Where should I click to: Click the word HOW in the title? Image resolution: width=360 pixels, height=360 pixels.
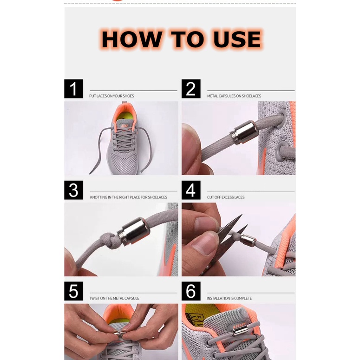[x=131, y=39]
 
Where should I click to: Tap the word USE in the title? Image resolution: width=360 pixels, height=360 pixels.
[x=237, y=39]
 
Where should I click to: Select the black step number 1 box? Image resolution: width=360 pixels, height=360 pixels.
[x=73, y=89]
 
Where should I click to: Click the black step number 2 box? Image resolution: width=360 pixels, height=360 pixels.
[x=191, y=89]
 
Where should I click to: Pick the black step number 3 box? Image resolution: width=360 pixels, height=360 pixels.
[x=73, y=190]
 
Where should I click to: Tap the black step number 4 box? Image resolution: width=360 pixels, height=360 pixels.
[x=191, y=190]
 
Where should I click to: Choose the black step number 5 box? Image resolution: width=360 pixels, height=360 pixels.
[x=73, y=291]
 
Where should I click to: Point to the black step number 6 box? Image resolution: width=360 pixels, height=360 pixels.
[x=191, y=291]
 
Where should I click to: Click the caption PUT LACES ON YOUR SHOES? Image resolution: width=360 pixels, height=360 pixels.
[x=111, y=96]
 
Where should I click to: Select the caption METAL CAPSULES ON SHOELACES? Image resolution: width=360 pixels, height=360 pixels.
[x=234, y=96]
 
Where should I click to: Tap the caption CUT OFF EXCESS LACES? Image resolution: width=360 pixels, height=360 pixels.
[x=226, y=197]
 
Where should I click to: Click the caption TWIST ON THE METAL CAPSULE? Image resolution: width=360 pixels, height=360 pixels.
[x=114, y=298]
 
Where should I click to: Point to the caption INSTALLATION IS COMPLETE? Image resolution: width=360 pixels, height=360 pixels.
[x=229, y=298]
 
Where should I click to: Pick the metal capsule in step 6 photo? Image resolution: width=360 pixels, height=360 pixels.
[x=239, y=331]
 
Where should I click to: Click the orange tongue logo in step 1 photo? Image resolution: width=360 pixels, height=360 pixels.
[x=124, y=126]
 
